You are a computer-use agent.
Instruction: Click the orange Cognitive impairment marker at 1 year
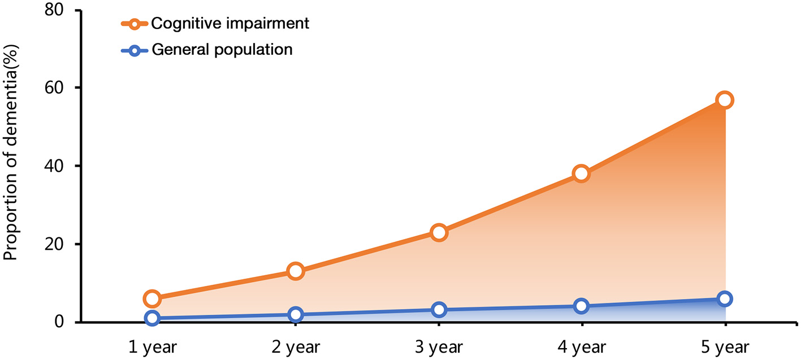tap(151, 298)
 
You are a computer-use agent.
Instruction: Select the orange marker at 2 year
tap(295, 271)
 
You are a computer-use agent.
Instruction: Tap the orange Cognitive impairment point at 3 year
tap(439, 232)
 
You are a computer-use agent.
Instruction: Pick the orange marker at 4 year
tap(582, 174)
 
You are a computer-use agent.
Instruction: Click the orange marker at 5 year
tap(725, 100)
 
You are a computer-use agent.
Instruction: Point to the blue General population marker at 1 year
tap(151, 318)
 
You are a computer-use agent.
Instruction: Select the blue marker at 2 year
tap(295, 314)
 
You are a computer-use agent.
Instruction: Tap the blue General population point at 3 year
tap(439, 310)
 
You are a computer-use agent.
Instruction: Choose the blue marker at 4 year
tap(582, 306)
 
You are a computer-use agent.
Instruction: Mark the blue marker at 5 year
tap(725, 299)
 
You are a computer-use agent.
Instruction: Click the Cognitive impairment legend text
tap(230, 24)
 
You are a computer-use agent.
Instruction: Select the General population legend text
tap(222, 50)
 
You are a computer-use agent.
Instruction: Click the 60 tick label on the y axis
tap(55, 88)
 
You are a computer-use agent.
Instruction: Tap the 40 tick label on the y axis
tap(55, 166)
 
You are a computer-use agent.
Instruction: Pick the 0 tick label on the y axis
tap(60, 322)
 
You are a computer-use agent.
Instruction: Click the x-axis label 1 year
tap(151, 347)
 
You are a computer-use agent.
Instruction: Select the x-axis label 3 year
tap(439, 347)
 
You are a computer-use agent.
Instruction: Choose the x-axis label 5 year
tap(725, 347)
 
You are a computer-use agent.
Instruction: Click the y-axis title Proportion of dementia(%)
tap(11, 166)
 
